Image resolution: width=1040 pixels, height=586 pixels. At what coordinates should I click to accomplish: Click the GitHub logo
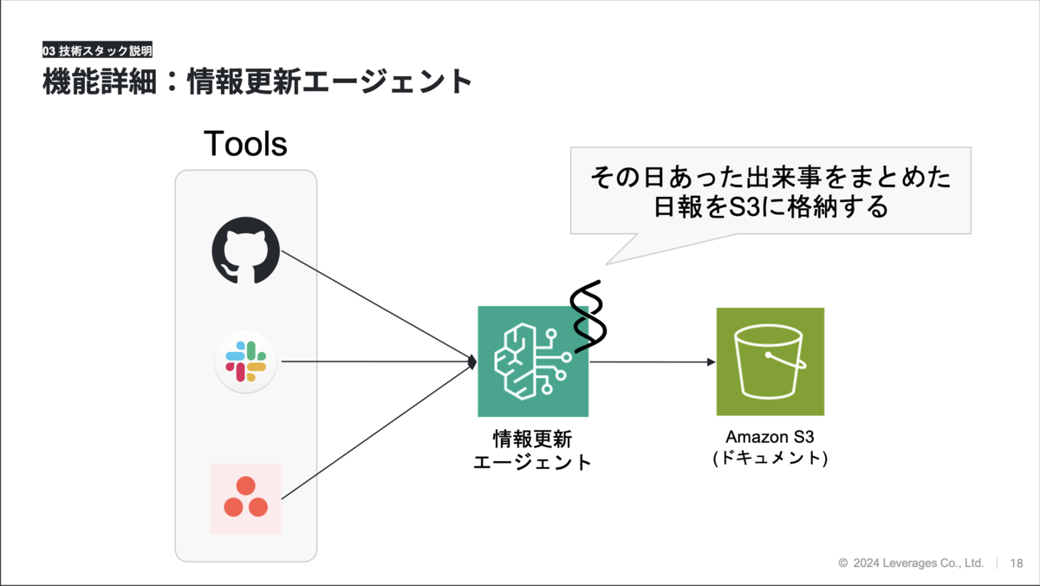pyautogui.click(x=245, y=251)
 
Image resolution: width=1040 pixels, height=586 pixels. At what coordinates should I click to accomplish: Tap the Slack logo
pyautogui.click(x=245, y=361)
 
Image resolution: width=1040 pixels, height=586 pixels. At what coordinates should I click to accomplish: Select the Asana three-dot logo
pyautogui.click(x=245, y=498)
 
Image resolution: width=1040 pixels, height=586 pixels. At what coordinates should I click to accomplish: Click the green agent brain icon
pyautogui.click(x=533, y=361)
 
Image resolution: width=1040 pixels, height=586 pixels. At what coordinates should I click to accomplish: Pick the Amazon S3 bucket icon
pyautogui.click(x=770, y=361)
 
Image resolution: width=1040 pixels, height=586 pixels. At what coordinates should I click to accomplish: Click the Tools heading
pyautogui.click(x=245, y=144)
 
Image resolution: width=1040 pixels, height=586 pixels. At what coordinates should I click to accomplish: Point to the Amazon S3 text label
pyautogui.click(x=770, y=437)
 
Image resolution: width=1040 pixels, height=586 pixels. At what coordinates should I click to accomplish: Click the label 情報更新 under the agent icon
pyautogui.click(x=532, y=439)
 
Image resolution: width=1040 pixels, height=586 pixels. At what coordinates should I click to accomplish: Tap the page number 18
pyautogui.click(x=1017, y=563)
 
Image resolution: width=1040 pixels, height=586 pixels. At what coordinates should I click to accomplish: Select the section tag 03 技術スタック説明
pyautogui.click(x=97, y=50)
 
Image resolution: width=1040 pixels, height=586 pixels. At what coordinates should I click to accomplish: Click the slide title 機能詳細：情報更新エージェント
pyautogui.click(x=257, y=81)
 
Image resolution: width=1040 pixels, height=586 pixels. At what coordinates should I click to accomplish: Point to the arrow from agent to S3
pyautogui.click(x=653, y=361)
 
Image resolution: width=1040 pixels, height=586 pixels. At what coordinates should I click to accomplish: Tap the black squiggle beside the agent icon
pyautogui.click(x=588, y=316)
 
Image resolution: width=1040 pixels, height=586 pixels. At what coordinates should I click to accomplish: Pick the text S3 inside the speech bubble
pyautogui.click(x=744, y=207)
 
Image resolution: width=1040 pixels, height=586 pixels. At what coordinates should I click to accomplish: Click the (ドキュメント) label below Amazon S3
pyautogui.click(x=770, y=459)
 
